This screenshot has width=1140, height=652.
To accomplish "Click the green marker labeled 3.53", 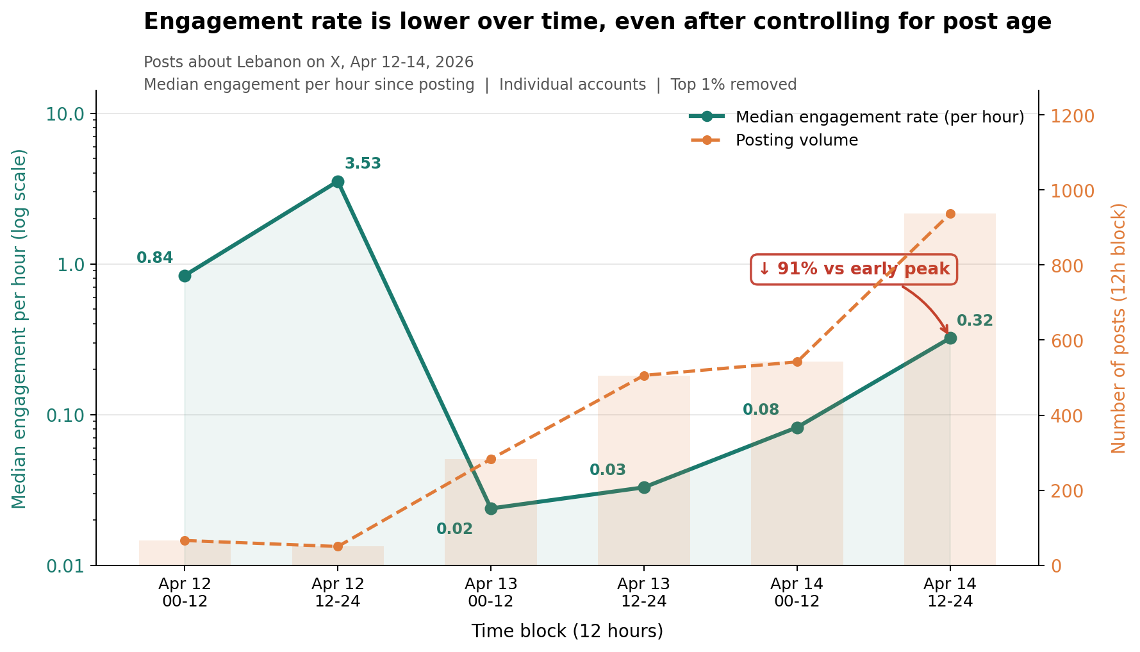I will [x=338, y=182].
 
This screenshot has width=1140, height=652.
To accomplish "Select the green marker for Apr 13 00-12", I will [x=491, y=508].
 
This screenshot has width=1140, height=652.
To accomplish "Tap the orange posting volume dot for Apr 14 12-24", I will [x=950, y=214].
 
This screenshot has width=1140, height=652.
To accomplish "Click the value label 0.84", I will [x=155, y=258].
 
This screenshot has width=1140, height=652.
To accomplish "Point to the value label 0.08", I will [x=761, y=410].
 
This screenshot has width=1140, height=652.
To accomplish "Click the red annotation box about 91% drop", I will [x=854, y=269].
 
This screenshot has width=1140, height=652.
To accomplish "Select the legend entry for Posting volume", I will [x=797, y=140].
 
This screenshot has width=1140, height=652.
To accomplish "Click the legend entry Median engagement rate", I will [x=879, y=117].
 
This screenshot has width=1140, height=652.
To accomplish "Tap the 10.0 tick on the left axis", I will [x=65, y=114].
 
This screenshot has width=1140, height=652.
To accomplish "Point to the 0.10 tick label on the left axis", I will [x=65, y=415].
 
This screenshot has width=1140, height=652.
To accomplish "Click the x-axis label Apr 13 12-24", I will [x=644, y=592].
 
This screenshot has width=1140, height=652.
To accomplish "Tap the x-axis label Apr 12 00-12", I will [x=185, y=592].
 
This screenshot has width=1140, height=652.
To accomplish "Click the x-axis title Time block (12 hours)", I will [x=567, y=631].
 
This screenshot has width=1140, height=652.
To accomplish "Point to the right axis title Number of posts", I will [x=1118, y=328].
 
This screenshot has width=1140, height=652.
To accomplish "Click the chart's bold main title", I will [x=597, y=22].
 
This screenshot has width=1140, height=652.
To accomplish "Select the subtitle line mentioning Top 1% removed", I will [x=470, y=85].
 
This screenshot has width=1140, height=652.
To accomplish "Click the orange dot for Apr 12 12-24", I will [x=338, y=547].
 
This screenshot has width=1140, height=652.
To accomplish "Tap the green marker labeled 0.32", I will [x=950, y=339].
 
